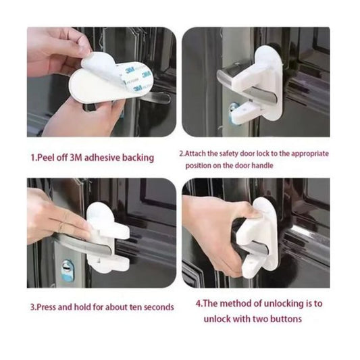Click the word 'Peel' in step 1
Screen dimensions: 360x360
[x=45, y=158]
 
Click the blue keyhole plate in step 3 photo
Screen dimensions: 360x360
[x=68, y=269]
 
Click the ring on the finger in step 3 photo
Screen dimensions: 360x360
[x=61, y=228]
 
